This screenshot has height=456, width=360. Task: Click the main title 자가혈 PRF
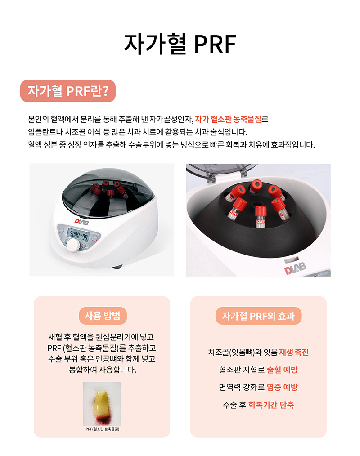click(180, 44)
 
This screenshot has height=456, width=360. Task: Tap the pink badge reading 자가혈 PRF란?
click(68, 91)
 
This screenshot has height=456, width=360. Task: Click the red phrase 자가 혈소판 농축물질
click(228, 119)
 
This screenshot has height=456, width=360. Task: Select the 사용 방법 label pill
click(103, 316)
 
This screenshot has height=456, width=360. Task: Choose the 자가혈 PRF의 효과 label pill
click(258, 316)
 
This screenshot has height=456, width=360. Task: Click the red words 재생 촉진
click(294, 352)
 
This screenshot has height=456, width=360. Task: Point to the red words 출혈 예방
click(282, 370)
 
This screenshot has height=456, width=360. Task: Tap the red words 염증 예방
click(282, 387)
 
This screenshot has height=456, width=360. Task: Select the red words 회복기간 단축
click(271, 405)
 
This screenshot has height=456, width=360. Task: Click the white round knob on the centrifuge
click(72, 246)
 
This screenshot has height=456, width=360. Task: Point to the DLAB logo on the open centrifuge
click(295, 268)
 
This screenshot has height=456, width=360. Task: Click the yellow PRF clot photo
click(102, 404)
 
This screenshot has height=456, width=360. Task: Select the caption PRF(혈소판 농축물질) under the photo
click(103, 429)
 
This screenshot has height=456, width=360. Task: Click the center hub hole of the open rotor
click(256, 204)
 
